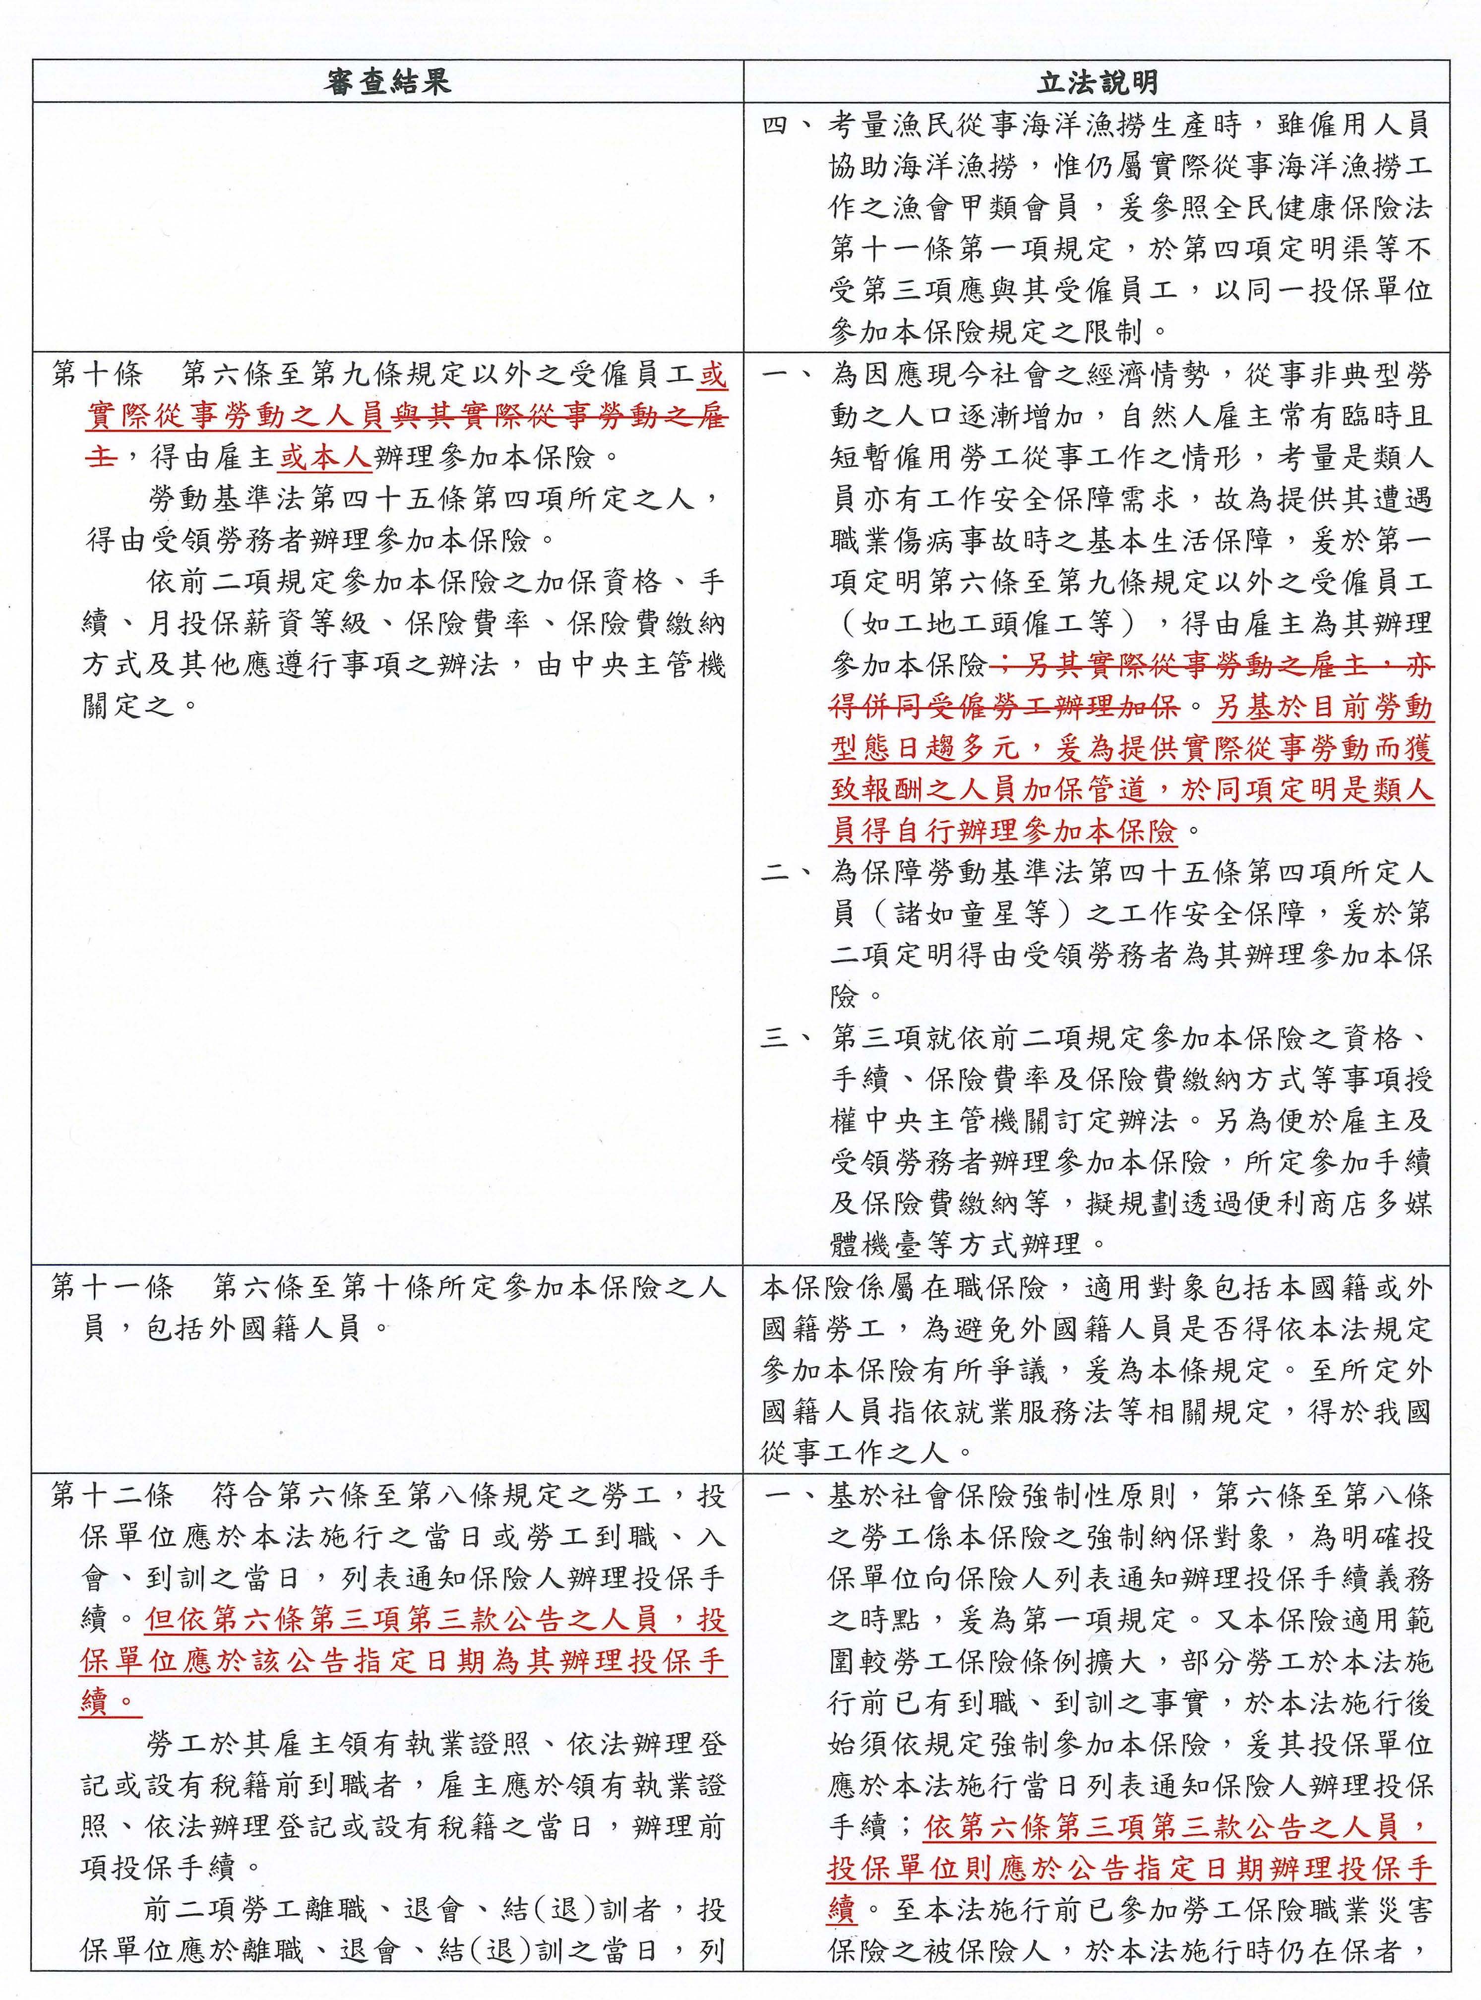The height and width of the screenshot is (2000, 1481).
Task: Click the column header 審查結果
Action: pos(387,82)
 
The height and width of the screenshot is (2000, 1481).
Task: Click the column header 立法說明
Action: pos(1097,82)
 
